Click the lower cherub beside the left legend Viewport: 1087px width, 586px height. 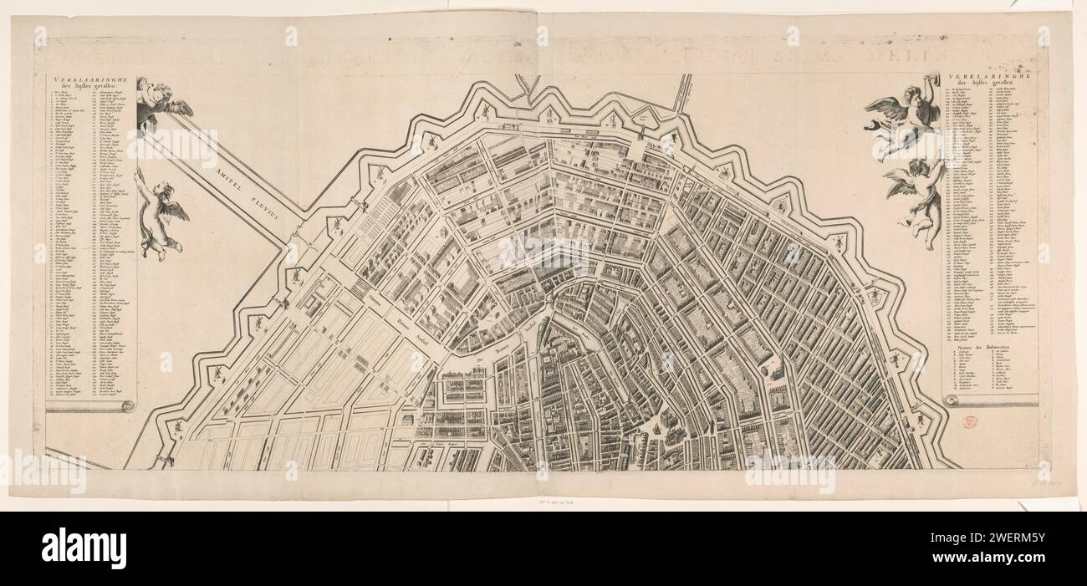[159, 216]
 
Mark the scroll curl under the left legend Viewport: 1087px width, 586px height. [126, 406]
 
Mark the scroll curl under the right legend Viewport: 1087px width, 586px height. [952, 402]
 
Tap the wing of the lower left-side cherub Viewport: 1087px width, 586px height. [175, 211]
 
